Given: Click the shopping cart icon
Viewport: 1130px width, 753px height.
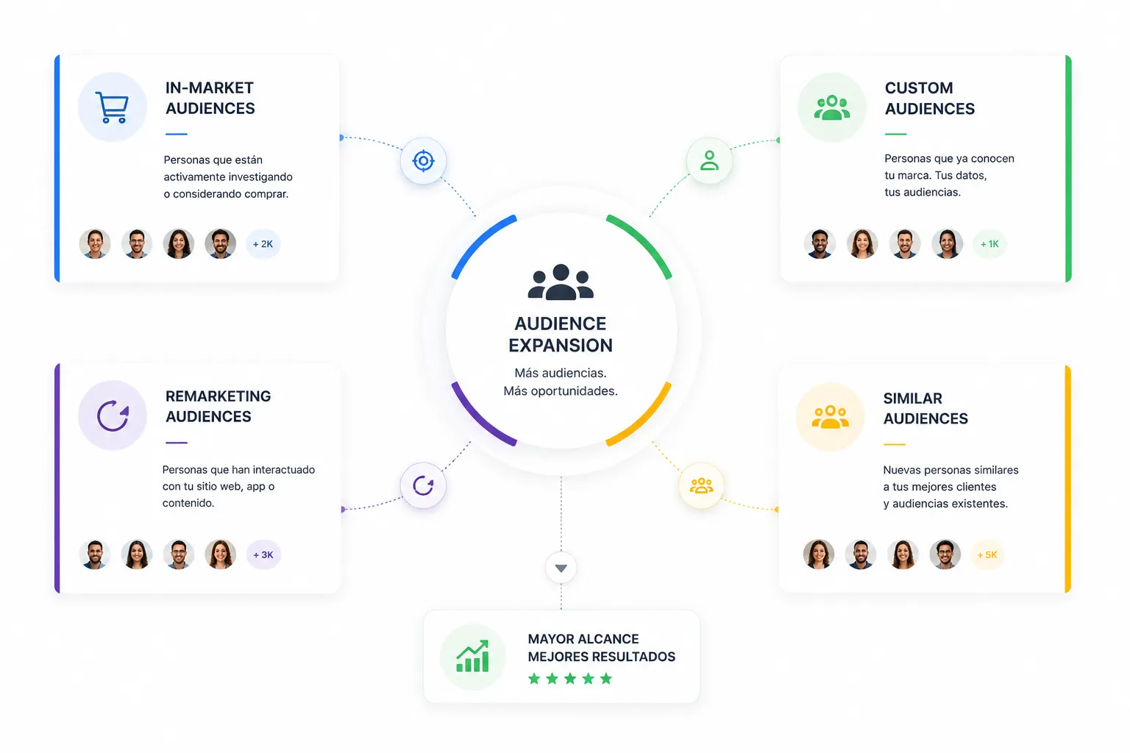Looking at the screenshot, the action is tap(112, 107).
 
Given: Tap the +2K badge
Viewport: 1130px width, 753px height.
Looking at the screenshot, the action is tap(263, 244).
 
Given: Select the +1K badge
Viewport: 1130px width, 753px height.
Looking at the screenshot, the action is tap(989, 244).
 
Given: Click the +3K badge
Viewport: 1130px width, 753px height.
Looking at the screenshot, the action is tap(263, 554).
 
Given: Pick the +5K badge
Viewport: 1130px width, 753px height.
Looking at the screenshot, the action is tap(987, 554).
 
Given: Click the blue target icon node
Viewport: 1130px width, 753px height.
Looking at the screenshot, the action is tap(423, 161).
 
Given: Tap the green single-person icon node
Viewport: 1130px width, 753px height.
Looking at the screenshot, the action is tap(709, 161).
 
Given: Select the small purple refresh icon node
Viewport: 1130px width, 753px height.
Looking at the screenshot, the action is tap(423, 485).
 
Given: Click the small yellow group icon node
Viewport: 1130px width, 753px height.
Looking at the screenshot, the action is tap(702, 485).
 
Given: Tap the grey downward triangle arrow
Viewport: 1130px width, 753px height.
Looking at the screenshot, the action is tap(561, 568).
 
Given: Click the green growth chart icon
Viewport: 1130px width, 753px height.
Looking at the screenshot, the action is tap(473, 656).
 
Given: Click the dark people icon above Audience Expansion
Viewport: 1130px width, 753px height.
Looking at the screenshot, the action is tap(561, 282).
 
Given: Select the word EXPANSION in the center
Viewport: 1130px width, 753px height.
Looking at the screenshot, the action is tap(561, 346).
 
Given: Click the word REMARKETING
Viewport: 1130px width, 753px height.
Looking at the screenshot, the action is tap(218, 396).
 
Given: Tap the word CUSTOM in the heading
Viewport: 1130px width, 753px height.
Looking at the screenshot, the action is tap(919, 88).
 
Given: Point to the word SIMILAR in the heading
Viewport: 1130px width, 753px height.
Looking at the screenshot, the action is tap(912, 399).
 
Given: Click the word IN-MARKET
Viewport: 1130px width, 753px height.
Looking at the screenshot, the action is tap(210, 88).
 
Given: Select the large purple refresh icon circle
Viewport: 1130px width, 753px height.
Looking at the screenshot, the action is tap(113, 415).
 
